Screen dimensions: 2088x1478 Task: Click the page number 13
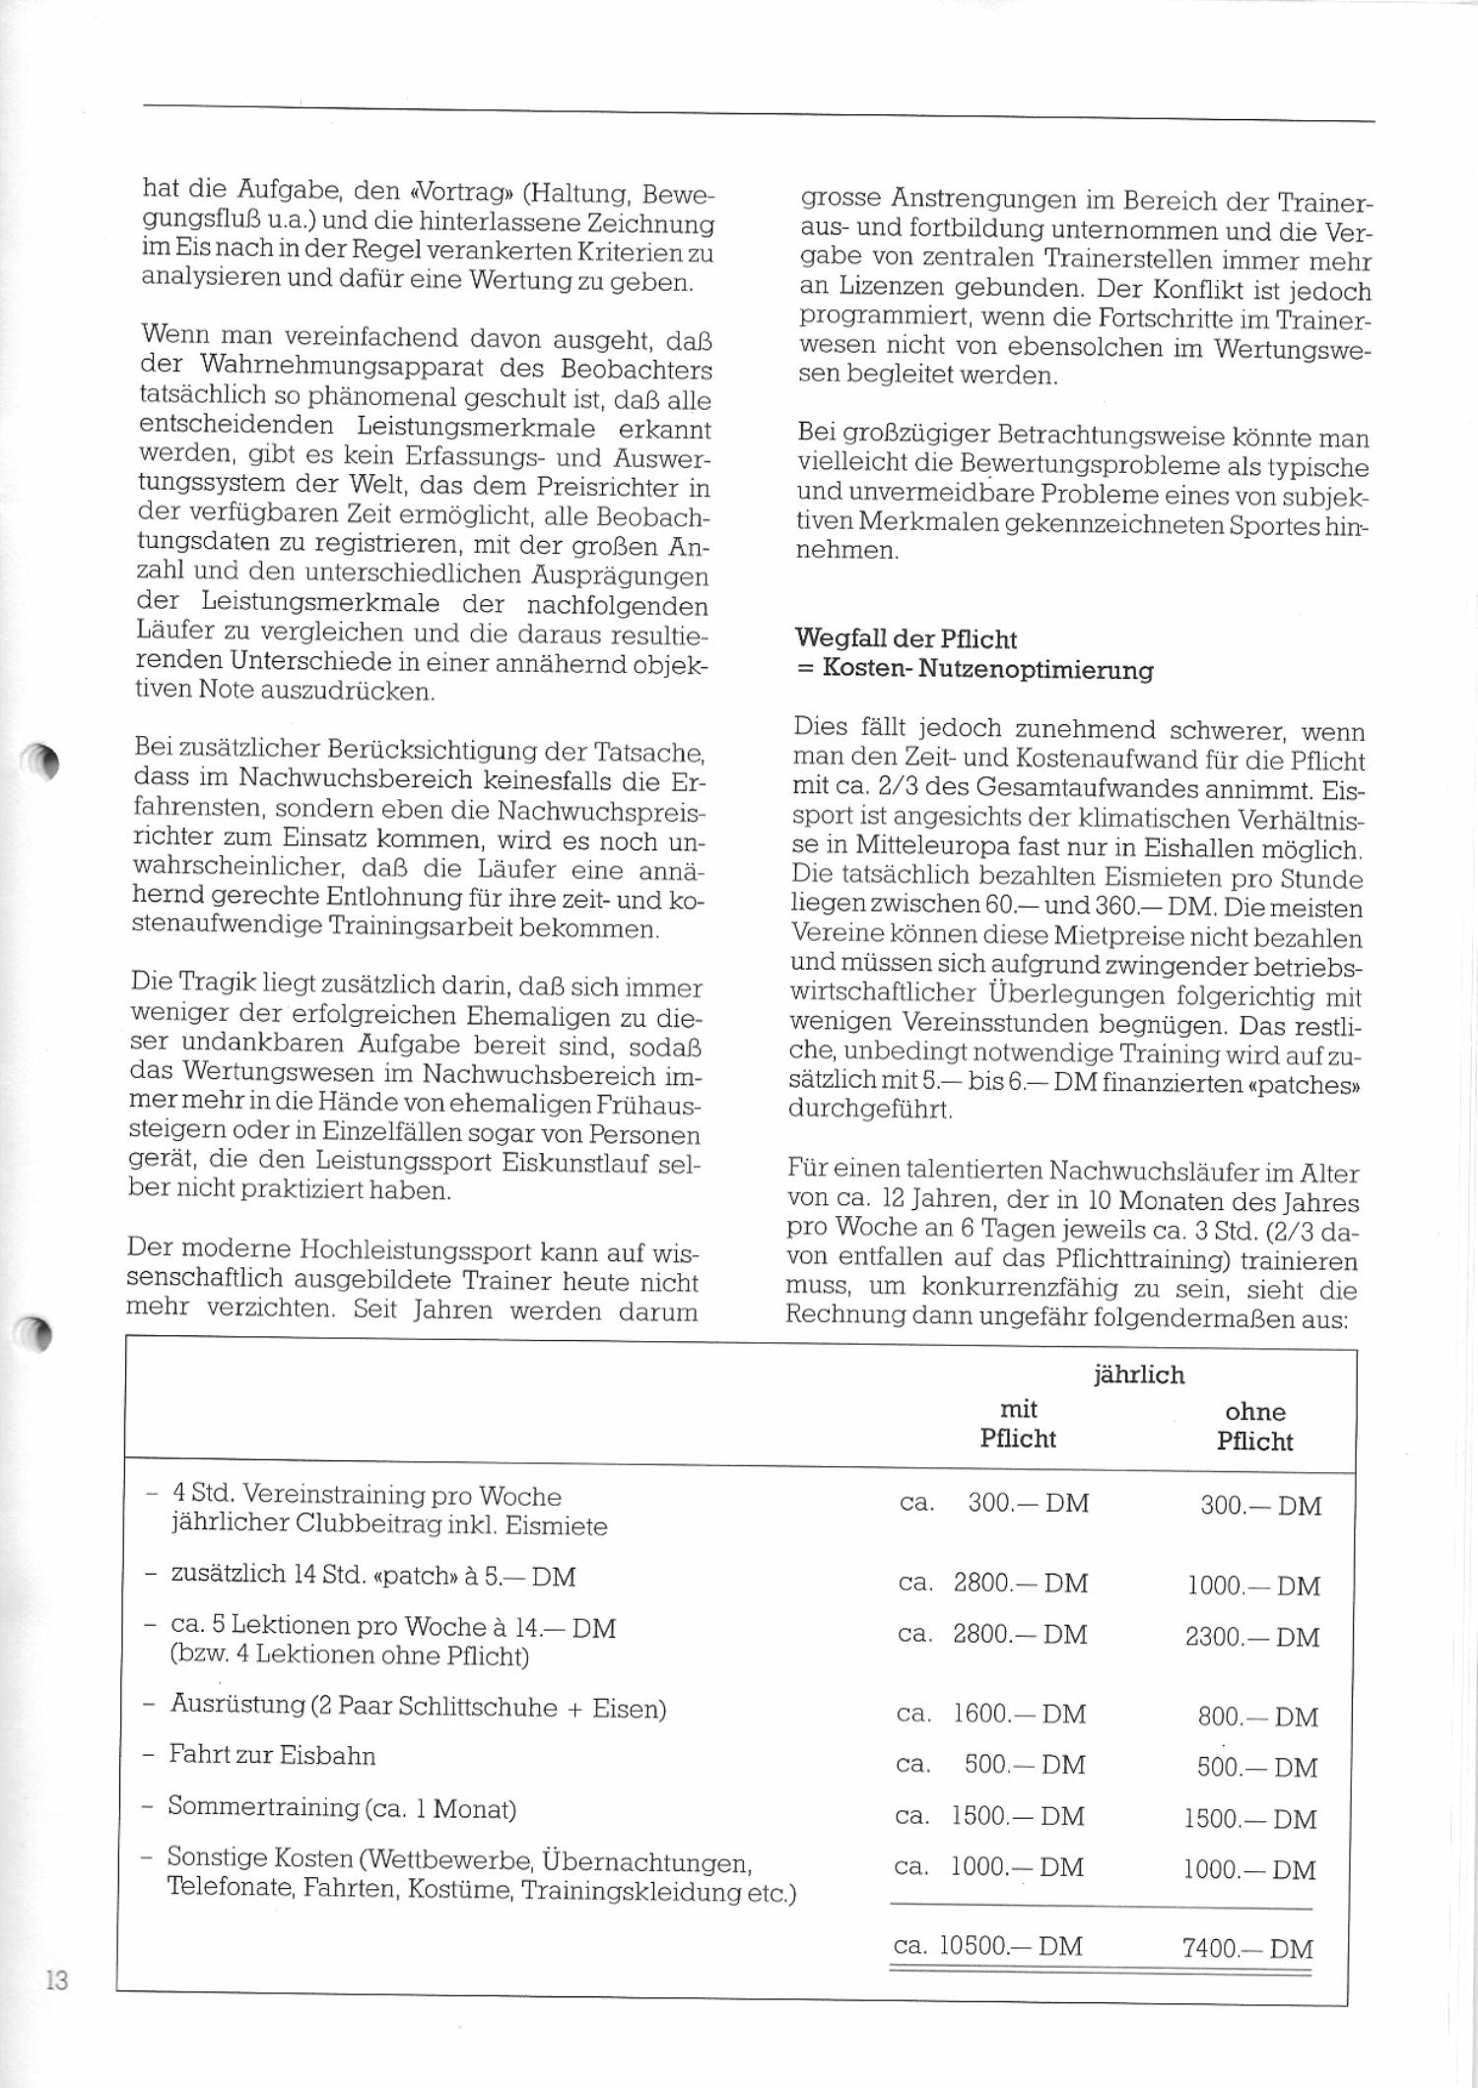(x=56, y=1980)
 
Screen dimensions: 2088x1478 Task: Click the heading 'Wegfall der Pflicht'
(x=905, y=640)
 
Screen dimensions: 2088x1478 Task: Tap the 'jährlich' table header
(x=1138, y=1375)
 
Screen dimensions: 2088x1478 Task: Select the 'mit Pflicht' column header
(x=1018, y=1424)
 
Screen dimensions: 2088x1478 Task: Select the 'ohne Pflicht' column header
(x=1254, y=1426)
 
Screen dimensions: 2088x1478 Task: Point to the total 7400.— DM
(x=1247, y=1948)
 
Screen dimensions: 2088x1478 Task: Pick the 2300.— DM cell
(x=1251, y=1637)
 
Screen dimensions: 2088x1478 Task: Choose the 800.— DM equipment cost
(x=1257, y=1717)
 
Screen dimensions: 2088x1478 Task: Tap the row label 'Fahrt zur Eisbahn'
(x=272, y=1755)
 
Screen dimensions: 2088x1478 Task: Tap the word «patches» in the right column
(x=1306, y=1084)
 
